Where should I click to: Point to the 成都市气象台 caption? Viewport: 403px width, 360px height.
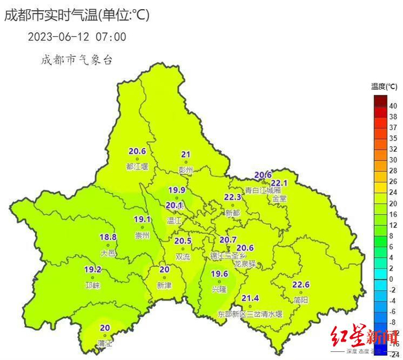tap(76, 59)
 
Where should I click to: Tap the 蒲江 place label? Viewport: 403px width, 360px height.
tap(105, 343)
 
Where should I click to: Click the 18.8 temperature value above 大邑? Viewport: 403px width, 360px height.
tap(108, 237)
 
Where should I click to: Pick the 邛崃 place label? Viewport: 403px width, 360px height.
tap(93, 285)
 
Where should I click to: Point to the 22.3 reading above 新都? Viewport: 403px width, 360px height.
tap(233, 197)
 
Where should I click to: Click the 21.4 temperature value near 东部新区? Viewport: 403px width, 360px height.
tap(250, 298)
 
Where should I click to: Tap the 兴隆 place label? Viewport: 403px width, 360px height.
tap(219, 289)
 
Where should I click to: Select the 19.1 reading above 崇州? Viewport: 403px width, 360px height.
tap(142, 219)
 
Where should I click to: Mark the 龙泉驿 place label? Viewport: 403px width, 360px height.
tap(245, 264)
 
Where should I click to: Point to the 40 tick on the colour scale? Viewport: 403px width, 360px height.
tap(393, 106)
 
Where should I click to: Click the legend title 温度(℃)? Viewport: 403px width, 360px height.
tap(384, 86)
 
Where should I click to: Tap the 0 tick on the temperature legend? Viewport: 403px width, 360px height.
tap(391, 279)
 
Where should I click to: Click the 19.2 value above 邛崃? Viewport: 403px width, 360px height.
tap(93, 269)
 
